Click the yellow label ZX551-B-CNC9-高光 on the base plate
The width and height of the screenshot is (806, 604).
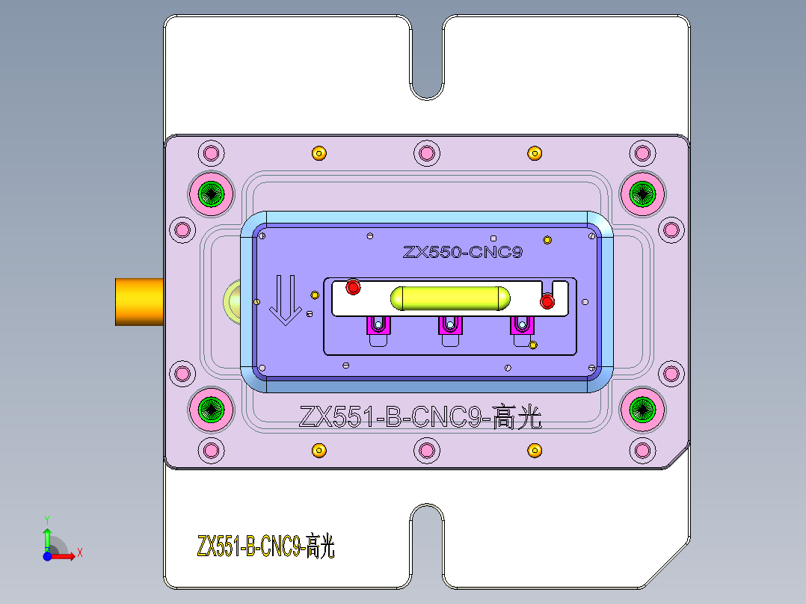265,548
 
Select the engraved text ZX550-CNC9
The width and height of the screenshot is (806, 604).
462,252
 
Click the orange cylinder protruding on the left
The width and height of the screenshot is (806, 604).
140,301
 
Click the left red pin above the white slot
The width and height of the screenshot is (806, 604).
353,286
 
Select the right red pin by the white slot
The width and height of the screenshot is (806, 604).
547,301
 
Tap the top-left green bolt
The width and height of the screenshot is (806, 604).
212,194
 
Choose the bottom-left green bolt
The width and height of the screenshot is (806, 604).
212,409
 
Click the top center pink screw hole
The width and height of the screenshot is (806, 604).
427,154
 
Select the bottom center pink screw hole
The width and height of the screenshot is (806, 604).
427,450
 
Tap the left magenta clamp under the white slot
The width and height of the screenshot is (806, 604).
378,326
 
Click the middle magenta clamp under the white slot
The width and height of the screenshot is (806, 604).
450,326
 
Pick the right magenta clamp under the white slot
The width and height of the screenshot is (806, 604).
522,326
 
